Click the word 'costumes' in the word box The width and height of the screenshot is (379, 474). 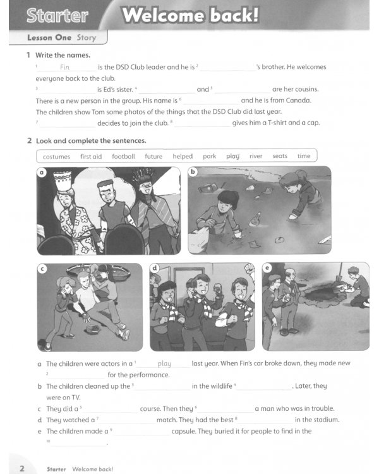point(56,156)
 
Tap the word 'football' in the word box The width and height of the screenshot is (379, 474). point(123,156)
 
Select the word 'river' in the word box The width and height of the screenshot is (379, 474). point(256,156)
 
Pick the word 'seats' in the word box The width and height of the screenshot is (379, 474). point(280,156)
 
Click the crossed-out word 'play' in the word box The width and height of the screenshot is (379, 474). point(233,156)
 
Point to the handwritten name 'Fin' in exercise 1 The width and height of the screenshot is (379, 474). point(64,67)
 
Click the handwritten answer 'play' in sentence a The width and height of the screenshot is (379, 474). point(164,363)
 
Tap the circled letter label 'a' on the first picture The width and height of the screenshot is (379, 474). point(42,172)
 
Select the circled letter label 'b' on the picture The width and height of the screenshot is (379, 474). point(193,172)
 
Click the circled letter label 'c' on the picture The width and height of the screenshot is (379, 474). point(42,269)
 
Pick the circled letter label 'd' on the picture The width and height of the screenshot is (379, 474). point(155,269)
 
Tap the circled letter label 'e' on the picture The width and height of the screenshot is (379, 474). point(267,269)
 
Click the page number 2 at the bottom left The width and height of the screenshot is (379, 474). point(21,468)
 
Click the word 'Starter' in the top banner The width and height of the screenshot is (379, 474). point(57,16)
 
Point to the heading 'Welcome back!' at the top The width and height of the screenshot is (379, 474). point(190,16)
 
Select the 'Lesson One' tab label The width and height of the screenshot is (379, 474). point(49,38)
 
